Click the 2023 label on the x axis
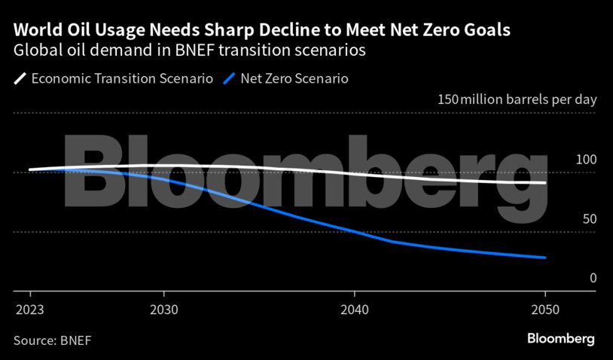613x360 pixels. pos(29,309)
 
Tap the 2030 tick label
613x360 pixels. pos(164,309)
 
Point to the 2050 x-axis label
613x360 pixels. pos(544,309)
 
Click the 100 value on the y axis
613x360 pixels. pos(586,160)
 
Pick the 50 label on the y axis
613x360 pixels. pos(589,218)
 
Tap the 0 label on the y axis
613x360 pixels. pos(593,278)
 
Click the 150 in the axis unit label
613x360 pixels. pos(447,100)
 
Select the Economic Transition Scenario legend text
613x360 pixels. pos(122,78)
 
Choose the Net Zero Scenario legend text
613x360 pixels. pos(294,78)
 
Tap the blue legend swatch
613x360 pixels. pos(230,78)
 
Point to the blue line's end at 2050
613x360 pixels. pos(544,258)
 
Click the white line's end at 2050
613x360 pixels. pos(544,182)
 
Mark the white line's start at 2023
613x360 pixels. pos(30,169)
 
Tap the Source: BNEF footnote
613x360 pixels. pos(52,340)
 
